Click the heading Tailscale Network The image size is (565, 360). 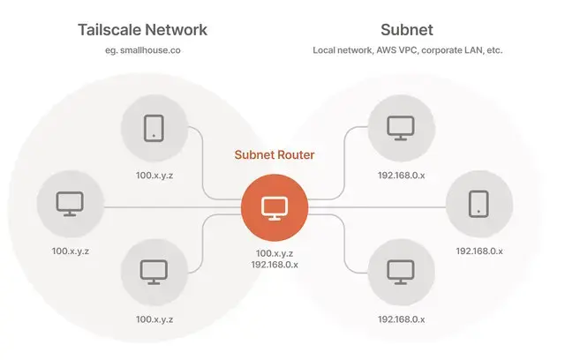tap(143, 30)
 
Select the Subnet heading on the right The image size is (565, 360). tap(407, 30)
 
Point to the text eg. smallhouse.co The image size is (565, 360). tap(143, 50)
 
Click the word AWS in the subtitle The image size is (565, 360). tap(386, 50)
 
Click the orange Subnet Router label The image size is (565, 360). tap(275, 154)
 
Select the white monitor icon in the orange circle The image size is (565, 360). tap(275, 209)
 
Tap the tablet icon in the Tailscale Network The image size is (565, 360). tap(154, 128)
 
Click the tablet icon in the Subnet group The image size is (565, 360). tap(478, 204)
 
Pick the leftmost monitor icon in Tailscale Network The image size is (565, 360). tap(70, 204)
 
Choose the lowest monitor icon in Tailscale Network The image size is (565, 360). tap(154, 273)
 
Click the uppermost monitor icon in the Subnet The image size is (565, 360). tap(401, 128)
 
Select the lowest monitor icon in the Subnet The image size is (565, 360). tap(401, 273)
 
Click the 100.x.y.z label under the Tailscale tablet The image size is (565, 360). tap(154, 176)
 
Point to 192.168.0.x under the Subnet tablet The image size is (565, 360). tap(479, 251)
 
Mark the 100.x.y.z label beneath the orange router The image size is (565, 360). tap(275, 253)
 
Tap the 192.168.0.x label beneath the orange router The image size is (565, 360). tap(275, 265)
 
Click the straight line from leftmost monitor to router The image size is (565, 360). tap(173, 207)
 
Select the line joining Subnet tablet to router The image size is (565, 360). tap(377, 207)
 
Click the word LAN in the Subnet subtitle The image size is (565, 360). tap(471, 50)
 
